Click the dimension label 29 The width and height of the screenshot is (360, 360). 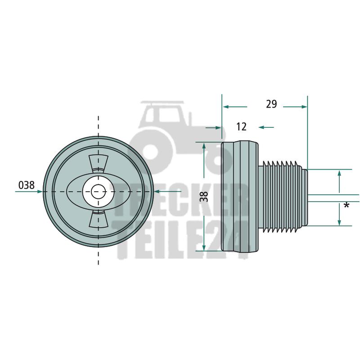(x=271, y=104)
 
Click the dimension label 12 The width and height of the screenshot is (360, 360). (x=241, y=127)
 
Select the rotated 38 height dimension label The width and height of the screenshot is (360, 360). (x=204, y=197)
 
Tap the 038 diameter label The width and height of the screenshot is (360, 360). (x=27, y=185)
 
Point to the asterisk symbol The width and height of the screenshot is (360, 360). (x=346, y=205)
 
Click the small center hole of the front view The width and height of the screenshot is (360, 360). (x=99, y=192)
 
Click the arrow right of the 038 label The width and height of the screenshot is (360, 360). (x=29, y=191)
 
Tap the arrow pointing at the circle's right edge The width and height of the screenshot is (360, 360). (x=168, y=191)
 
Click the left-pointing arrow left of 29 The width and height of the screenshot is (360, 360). (x=235, y=107)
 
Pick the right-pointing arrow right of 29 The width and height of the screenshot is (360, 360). (x=295, y=107)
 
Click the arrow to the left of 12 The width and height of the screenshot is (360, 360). (x=213, y=127)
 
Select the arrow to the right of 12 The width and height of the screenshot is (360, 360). (x=266, y=127)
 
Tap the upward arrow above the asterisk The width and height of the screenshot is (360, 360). (x=339, y=181)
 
